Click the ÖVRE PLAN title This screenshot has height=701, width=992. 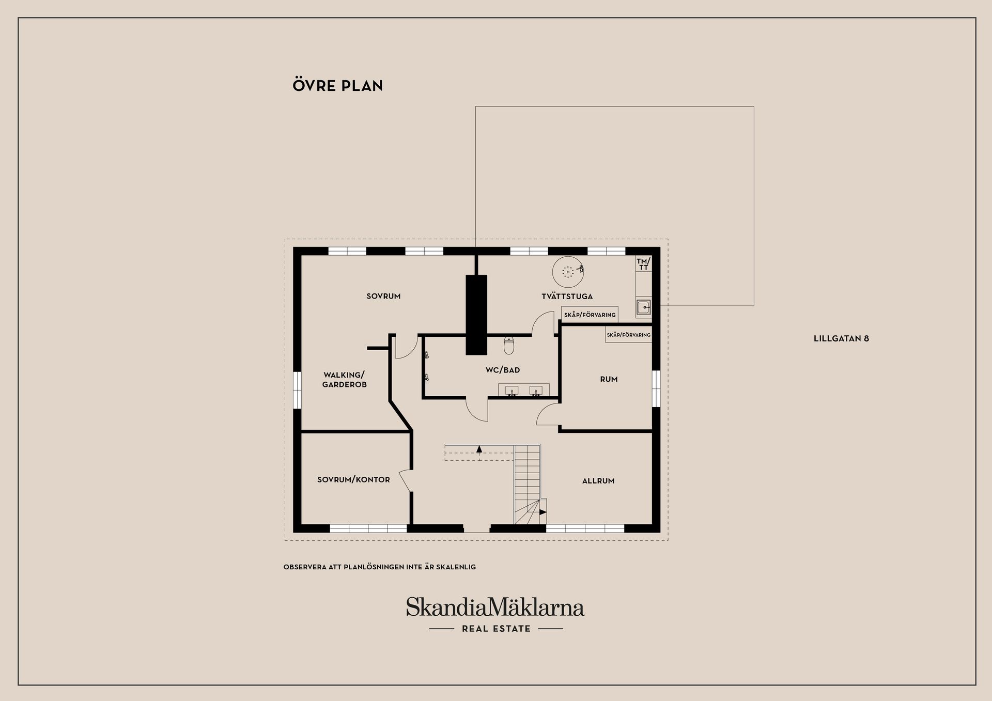(x=338, y=86)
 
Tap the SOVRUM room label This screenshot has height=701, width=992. (x=383, y=297)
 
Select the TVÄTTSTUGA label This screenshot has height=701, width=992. (x=567, y=297)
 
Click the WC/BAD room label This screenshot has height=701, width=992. (x=502, y=370)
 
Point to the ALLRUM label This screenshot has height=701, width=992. (x=598, y=481)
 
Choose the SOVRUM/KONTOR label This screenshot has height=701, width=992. (x=353, y=480)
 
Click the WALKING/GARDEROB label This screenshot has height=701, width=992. (x=344, y=380)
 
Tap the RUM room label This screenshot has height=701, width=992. (x=609, y=379)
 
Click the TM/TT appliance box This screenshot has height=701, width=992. (x=643, y=264)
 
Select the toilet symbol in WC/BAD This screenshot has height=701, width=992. (x=509, y=345)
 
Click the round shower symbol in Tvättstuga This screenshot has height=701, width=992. (x=568, y=271)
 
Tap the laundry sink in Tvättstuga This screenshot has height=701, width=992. (x=643, y=307)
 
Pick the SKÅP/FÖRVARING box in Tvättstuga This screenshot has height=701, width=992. (x=590, y=315)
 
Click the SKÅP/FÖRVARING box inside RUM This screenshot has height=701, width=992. (x=628, y=335)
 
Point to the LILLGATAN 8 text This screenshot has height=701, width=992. (x=841, y=339)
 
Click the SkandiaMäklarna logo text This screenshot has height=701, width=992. (x=495, y=607)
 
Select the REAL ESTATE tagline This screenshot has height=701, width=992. (x=496, y=629)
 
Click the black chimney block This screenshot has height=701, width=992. (x=476, y=315)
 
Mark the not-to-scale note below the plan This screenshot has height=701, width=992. (x=379, y=567)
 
